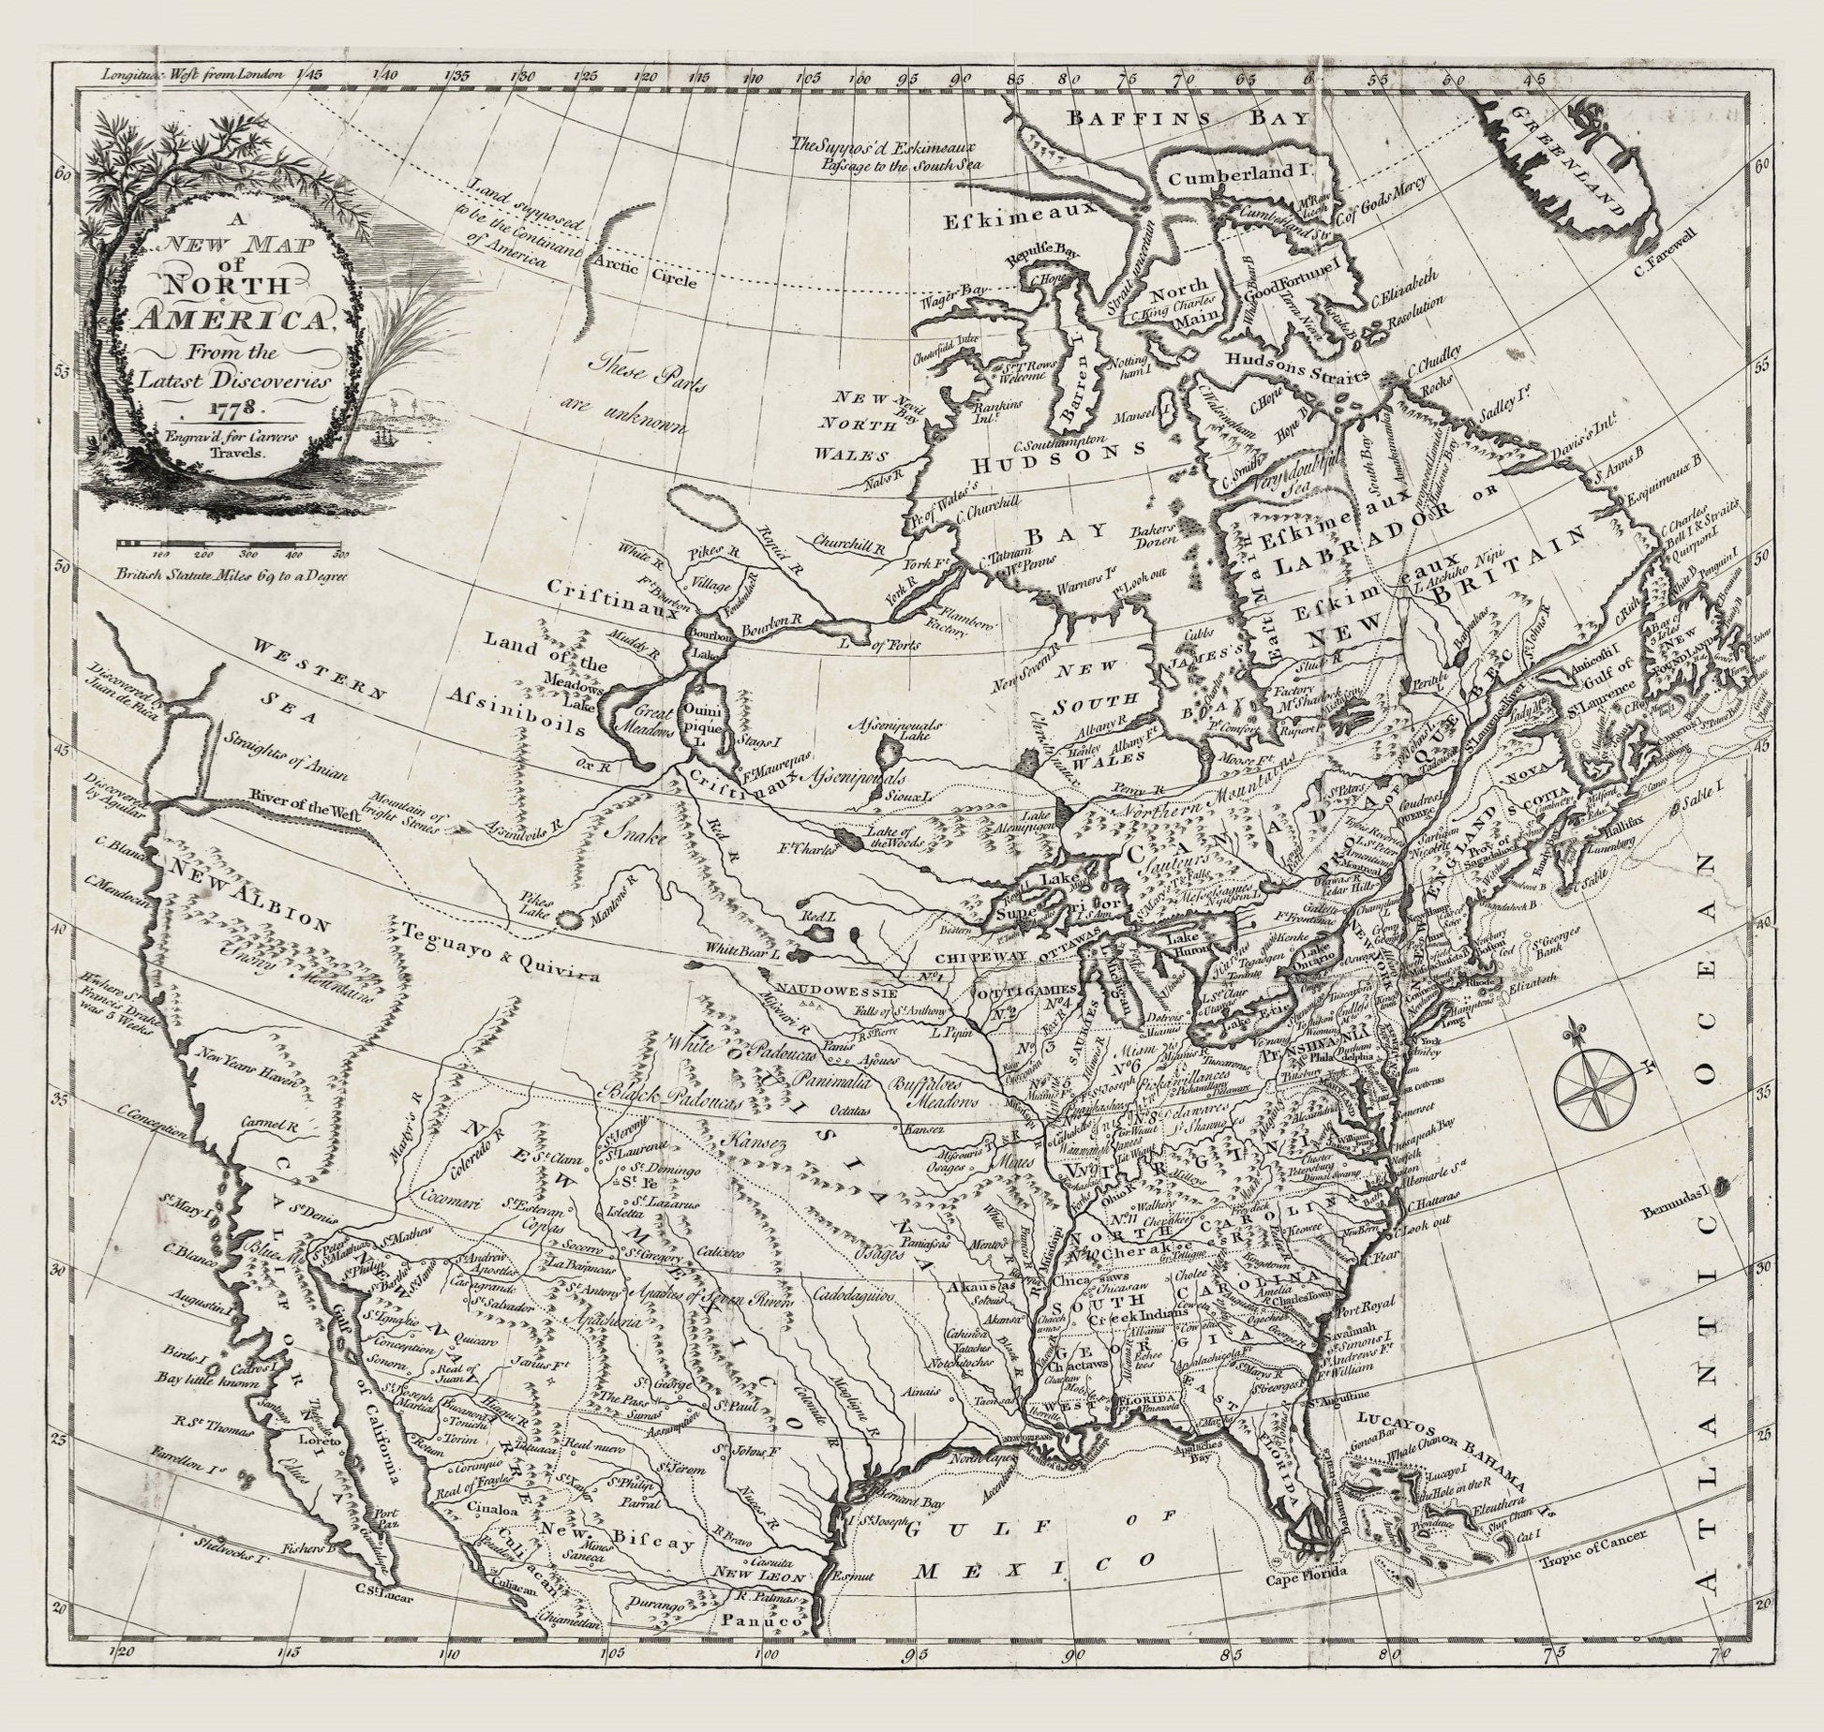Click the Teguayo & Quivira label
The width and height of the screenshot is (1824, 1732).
click(500, 952)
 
